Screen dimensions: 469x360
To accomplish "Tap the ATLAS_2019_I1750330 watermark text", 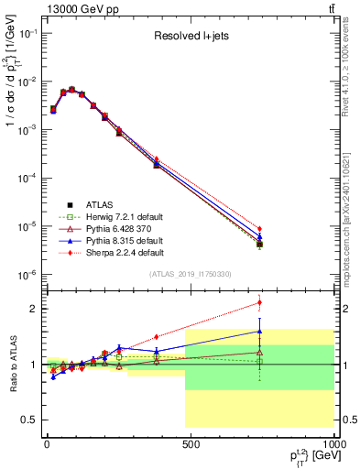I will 190,274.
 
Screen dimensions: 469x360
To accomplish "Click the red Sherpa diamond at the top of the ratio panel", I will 259,302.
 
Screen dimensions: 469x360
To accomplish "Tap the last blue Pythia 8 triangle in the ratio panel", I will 259,332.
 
